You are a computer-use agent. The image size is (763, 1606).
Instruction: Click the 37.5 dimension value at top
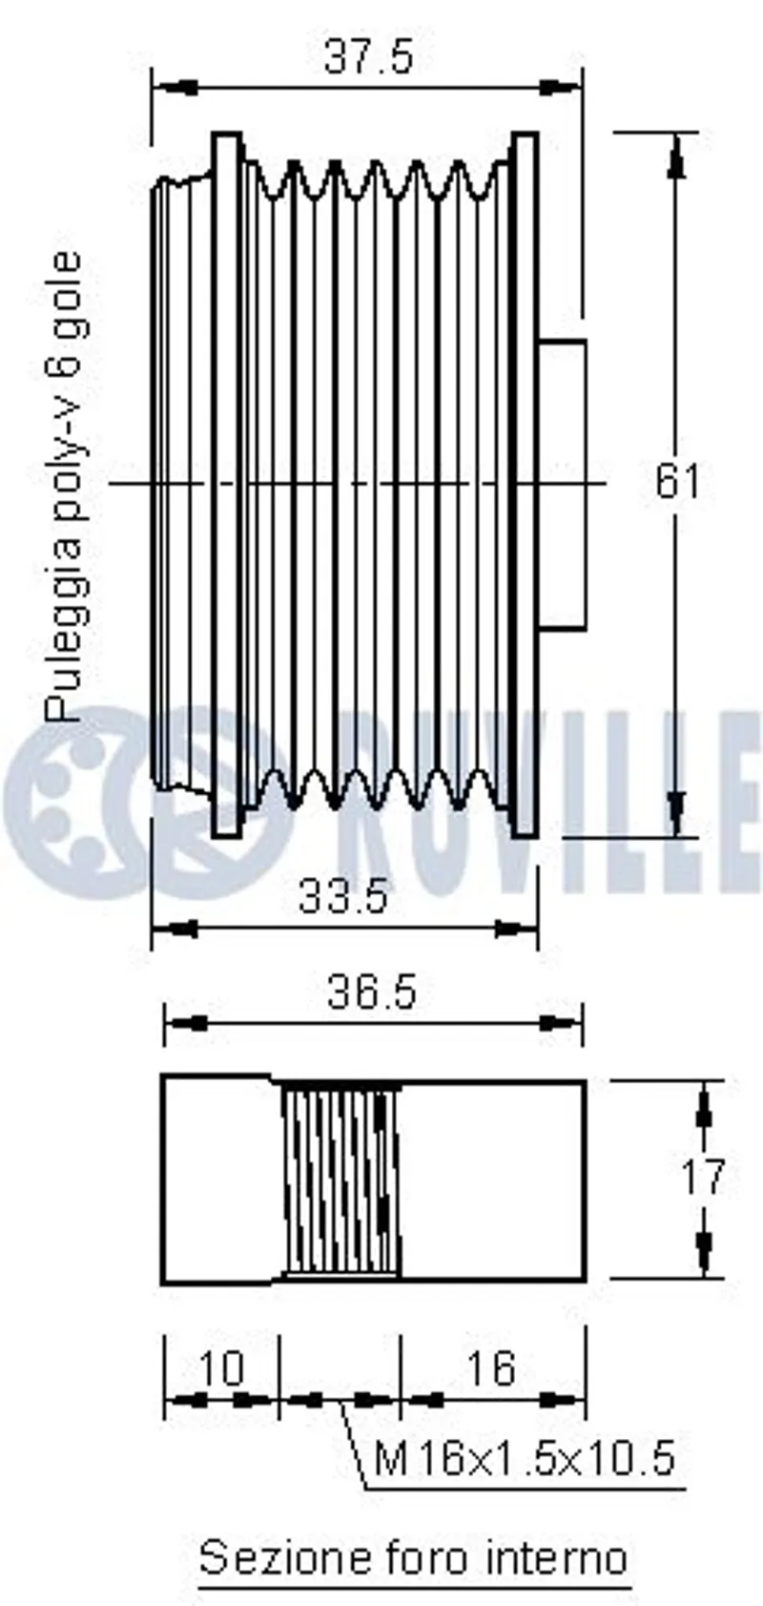click(368, 56)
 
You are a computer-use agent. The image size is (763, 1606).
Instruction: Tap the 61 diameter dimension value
click(676, 481)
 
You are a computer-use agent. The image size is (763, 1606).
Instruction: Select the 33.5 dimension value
click(343, 896)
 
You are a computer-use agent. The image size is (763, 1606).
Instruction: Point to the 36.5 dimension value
click(372, 993)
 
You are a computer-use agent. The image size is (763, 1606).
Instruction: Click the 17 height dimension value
click(703, 1177)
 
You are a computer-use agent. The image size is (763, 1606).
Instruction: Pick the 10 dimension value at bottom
click(221, 1368)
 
